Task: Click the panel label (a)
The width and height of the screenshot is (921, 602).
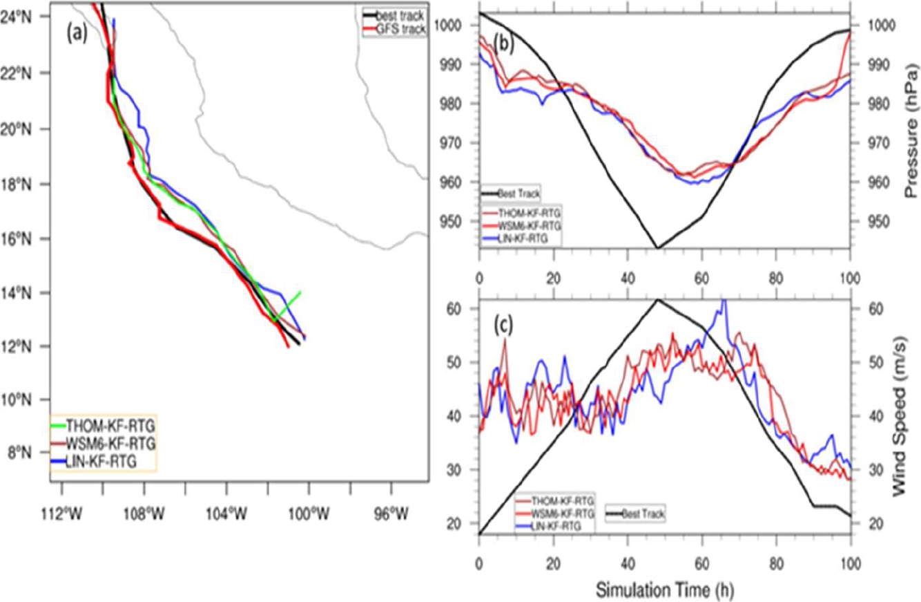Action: pyautogui.click(x=76, y=33)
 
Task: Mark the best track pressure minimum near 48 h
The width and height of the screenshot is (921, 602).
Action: pyautogui.click(x=657, y=247)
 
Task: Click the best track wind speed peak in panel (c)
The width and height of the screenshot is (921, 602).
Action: pyautogui.click(x=657, y=300)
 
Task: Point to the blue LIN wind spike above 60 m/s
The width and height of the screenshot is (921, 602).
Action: pyautogui.click(x=723, y=301)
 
